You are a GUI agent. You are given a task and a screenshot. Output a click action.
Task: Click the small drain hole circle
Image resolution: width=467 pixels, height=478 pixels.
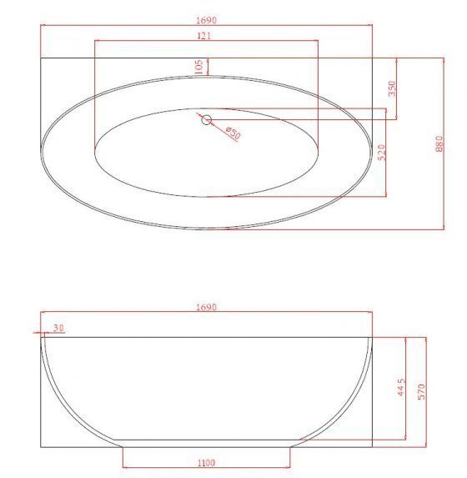point(205,118)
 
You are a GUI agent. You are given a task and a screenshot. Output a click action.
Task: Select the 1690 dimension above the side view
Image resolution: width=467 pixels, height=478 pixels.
point(206,307)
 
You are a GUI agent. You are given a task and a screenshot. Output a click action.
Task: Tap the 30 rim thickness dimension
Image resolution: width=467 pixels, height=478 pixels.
point(58,327)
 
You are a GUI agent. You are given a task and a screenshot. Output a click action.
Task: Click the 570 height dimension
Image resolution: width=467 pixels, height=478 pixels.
point(420,391)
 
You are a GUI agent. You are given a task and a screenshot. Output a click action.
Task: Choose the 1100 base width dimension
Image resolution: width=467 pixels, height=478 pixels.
point(207,462)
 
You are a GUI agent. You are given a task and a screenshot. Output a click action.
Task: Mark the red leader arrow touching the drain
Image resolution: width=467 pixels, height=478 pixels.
point(218,125)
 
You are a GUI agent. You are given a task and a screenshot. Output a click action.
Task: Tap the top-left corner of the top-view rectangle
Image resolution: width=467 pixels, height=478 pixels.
point(40,58)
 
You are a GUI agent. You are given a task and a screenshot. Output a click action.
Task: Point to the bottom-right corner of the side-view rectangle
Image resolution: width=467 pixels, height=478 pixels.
point(373,446)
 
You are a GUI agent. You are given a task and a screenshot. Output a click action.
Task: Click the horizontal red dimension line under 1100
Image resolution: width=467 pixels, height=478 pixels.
point(207,470)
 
